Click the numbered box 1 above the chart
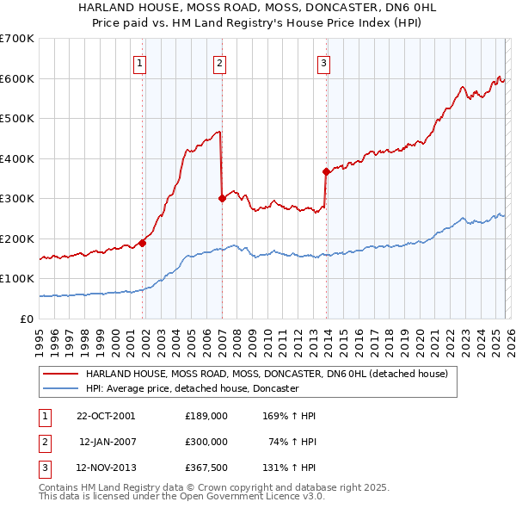pos(139,62)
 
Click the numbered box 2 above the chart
pos(219,62)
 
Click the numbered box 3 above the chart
pos(323,62)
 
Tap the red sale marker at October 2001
pos(143,243)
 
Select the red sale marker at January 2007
pos(222,198)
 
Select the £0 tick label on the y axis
pos(26,319)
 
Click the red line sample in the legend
pos(60,375)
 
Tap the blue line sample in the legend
pos(60,388)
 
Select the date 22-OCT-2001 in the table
pos(105,416)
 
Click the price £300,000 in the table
pos(206,442)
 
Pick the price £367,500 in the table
pos(206,468)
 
